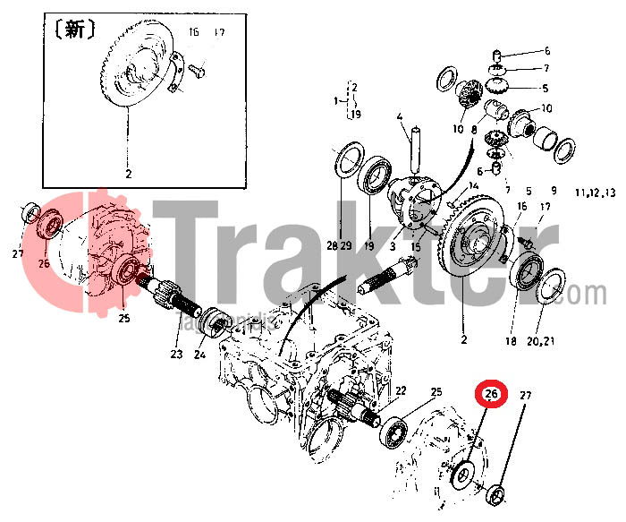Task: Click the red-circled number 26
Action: tap(491, 393)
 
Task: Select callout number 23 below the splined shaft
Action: tap(175, 355)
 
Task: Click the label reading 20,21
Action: tap(542, 341)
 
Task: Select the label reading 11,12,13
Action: tap(596, 193)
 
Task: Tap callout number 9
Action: tap(554, 191)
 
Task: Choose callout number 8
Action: tap(474, 130)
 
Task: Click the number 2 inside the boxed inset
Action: tap(128, 175)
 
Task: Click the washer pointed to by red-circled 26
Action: tap(463, 473)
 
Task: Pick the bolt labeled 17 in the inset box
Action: tap(199, 64)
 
